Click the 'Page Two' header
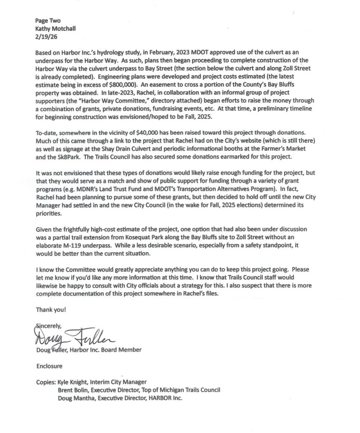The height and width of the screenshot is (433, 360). coord(46,20)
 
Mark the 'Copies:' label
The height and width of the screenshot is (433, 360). coord(46,381)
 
